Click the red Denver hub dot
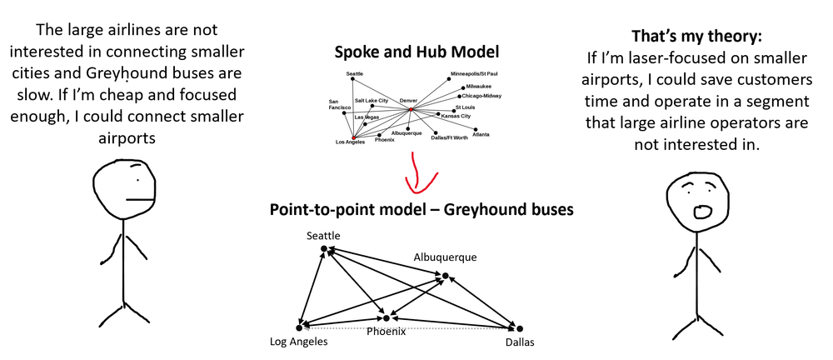(x=411, y=109)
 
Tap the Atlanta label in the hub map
(x=481, y=134)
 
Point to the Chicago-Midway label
(x=481, y=96)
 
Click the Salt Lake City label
(x=372, y=100)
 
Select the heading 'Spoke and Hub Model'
(x=416, y=52)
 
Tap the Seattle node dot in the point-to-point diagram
(x=325, y=247)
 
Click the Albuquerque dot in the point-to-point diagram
(x=446, y=275)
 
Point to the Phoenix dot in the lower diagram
(x=386, y=317)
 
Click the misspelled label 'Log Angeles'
(x=299, y=342)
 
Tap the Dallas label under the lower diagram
(x=518, y=342)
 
